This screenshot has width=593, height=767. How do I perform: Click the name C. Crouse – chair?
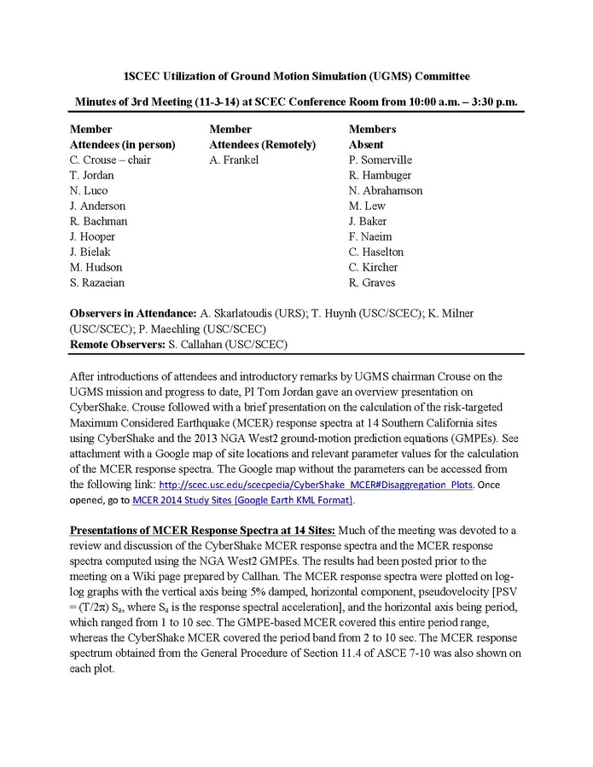pyautogui.click(x=110, y=160)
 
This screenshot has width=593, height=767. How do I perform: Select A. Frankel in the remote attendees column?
pyautogui.click(x=234, y=160)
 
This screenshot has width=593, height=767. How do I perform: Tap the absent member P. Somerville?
pyautogui.click(x=380, y=160)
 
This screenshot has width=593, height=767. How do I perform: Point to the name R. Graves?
pyautogui.click(x=372, y=283)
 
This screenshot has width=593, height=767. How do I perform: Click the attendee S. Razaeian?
pyautogui.click(x=98, y=283)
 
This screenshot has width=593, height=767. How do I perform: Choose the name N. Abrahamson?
pyautogui.click(x=386, y=191)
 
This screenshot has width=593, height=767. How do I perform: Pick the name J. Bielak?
pyautogui.click(x=90, y=253)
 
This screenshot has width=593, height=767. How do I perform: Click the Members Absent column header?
pyautogui.click(x=373, y=137)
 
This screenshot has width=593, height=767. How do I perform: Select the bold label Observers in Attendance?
pyautogui.click(x=132, y=314)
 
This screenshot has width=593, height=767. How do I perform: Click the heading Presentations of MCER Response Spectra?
pyautogui.click(x=201, y=531)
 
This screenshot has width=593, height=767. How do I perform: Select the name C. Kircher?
pyautogui.click(x=373, y=268)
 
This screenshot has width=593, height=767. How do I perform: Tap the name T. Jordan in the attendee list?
pyautogui.click(x=92, y=176)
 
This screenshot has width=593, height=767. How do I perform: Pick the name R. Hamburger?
pyautogui.click(x=380, y=176)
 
